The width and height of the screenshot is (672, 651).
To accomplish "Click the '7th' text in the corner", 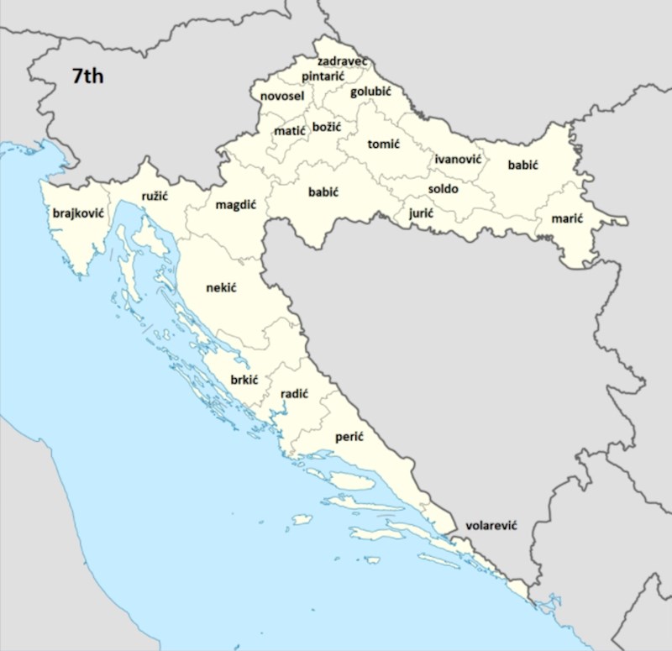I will [x=88, y=76].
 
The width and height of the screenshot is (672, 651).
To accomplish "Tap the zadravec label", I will [x=343, y=61].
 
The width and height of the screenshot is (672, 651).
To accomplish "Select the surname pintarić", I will [x=323, y=76].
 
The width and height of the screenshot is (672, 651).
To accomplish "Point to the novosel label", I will [x=281, y=97].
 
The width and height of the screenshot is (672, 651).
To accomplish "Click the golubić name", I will [x=371, y=91].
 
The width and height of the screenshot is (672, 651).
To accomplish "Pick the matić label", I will [x=290, y=131].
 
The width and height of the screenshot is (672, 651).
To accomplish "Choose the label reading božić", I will [x=326, y=127].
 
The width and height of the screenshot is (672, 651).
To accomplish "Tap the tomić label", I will [x=383, y=144].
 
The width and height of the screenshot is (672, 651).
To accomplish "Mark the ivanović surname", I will [x=458, y=159].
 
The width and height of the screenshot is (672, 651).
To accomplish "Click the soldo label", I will [x=443, y=189].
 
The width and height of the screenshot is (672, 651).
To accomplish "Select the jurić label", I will [x=421, y=213].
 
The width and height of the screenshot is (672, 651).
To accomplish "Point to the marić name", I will [x=567, y=219].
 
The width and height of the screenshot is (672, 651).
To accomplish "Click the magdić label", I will [x=235, y=205].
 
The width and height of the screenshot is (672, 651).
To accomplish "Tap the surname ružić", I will [x=155, y=196].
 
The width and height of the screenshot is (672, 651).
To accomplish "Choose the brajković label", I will [x=77, y=213].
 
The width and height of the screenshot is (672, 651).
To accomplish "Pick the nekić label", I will [x=221, y=288].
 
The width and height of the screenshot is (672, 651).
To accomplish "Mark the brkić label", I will [x=244, y=380].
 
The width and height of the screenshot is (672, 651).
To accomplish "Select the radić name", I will [x=294, y=393].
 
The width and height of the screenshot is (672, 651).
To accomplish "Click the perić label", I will [x=349, y=437].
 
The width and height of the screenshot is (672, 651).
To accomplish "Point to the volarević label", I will [x=491, y=525].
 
